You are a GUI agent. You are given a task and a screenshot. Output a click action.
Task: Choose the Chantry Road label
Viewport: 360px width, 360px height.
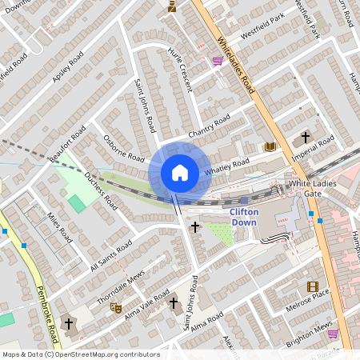coord(209,125)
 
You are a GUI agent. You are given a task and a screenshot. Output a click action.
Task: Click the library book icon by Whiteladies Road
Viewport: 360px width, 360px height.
coord(270,146)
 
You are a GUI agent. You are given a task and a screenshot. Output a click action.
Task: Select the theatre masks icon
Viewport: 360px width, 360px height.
coord(115,306)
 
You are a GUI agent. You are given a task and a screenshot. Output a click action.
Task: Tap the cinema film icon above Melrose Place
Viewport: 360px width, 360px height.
coord(312,286)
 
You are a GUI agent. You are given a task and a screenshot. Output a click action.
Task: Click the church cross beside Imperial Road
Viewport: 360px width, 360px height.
coord(304,138)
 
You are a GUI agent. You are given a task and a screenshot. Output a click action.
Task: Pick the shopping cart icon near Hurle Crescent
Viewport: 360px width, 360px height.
coord(218,60)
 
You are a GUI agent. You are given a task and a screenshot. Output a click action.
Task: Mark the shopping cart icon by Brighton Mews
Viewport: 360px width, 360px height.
coord(333,334)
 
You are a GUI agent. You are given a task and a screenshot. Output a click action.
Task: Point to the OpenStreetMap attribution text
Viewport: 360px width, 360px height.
coord(82,354)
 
